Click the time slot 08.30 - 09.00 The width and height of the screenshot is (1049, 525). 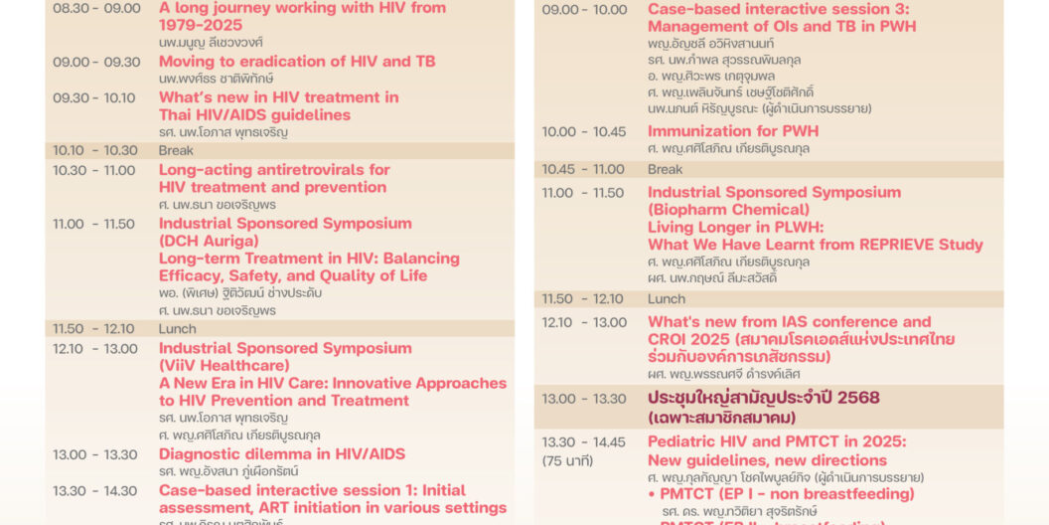[96, 8]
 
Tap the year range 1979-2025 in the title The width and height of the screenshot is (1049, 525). [201, 25]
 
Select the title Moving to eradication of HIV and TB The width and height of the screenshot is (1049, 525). [297, 62]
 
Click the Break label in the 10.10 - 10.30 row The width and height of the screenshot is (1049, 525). [177, 151]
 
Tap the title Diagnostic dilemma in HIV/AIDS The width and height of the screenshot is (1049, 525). [282, 454]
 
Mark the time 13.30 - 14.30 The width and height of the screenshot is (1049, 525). [95, 491]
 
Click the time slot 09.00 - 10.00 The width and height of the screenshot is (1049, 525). [584, 10]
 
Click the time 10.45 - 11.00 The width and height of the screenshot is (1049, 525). [583, 170]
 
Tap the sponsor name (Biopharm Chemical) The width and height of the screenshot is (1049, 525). [728, 210]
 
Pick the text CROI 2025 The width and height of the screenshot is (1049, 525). [693, 339]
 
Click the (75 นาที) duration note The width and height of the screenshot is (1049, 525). [567, 460]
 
